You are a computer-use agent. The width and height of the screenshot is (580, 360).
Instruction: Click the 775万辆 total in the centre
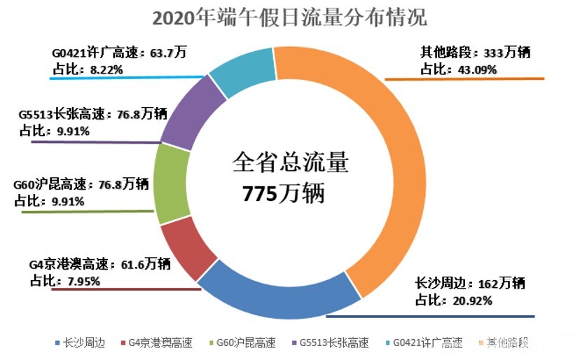tap(284, 194)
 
